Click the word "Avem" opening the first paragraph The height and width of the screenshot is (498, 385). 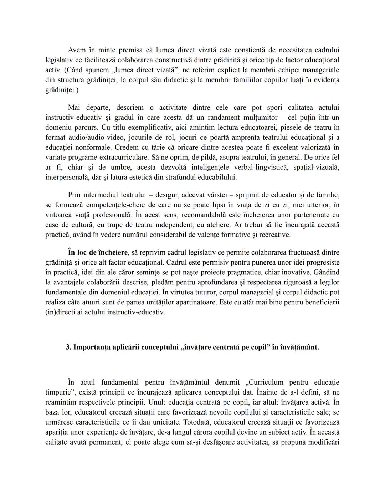tap(77, 50)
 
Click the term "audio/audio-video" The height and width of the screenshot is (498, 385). tap(90, 137)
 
